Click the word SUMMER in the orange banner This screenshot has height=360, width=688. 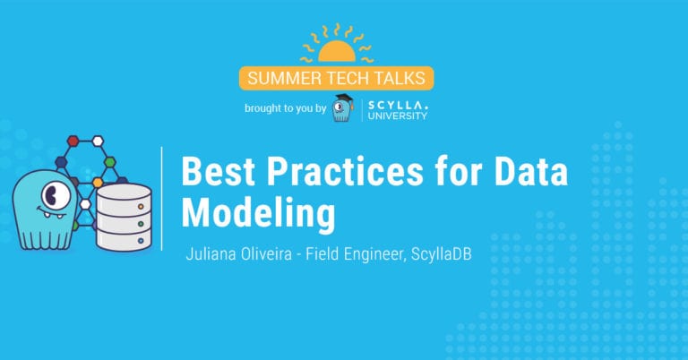pos(275,78)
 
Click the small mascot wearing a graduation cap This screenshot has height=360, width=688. pos(341,108)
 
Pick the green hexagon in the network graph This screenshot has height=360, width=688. pos(109,162)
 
